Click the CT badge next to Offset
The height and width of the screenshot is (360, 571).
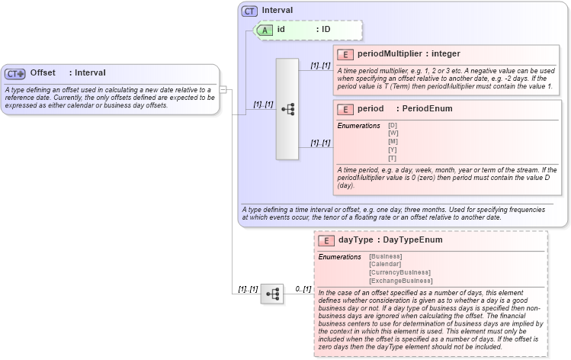tap(15, 73)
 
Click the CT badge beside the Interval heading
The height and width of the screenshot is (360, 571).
tap(249, 11)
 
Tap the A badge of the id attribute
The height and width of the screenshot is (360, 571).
tap(265, 30)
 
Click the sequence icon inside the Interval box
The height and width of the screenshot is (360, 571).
tap(287, 109)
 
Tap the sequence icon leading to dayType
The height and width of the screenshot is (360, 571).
tap(272, 294)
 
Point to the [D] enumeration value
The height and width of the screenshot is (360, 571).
tap(393, 125)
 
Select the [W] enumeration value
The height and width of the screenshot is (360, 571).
tap(393, 133)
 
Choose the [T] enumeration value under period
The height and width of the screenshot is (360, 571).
tap(393, 158)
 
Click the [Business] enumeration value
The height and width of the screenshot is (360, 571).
tap(386, 256)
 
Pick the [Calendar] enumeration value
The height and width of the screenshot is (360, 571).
tap(386, 264)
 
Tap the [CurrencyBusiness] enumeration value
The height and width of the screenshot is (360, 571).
tap(399, 272)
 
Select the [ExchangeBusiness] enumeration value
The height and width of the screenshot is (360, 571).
tap(400, 281)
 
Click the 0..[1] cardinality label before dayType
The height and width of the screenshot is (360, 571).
tap(303, 289)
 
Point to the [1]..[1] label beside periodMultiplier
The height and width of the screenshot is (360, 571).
tap(320, 66)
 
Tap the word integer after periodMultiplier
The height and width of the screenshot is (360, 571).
tap(445, 53)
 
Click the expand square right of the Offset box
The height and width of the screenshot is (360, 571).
tap(223, 89)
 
